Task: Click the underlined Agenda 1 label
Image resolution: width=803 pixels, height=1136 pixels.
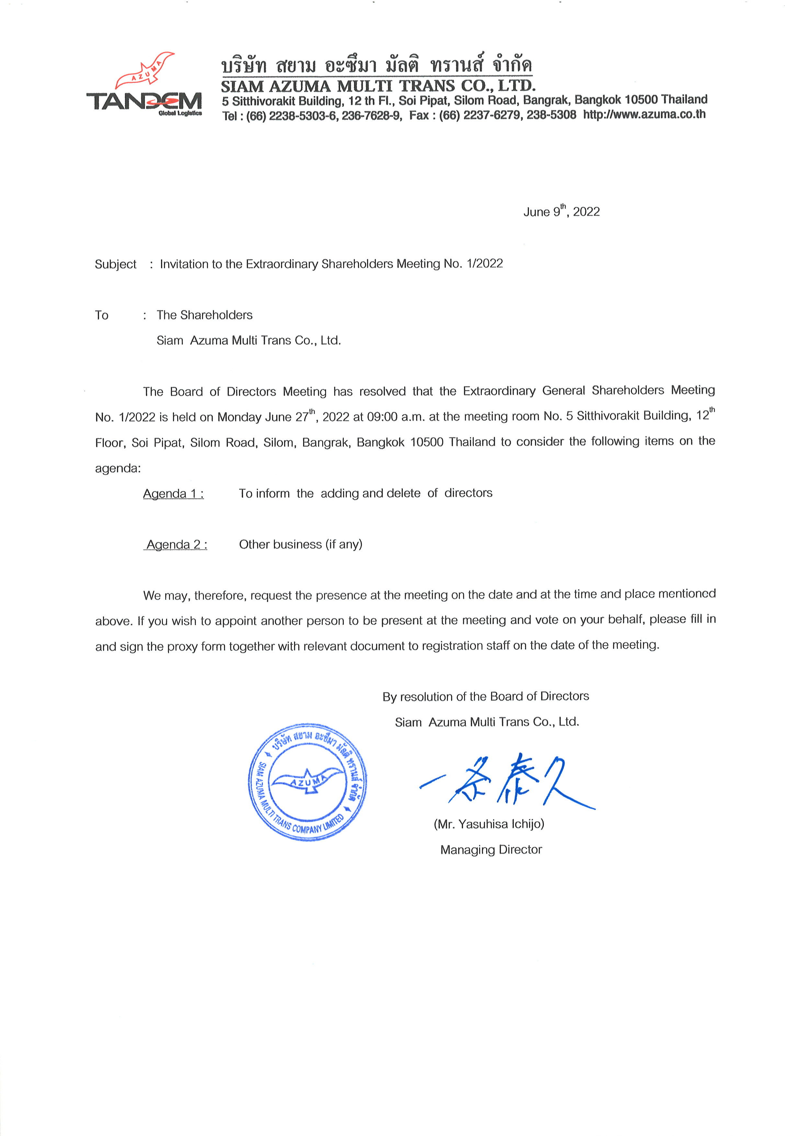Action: pyautogui.click(x=173, y=494)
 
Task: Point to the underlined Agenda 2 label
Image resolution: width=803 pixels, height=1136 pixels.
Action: pyautogui.click(x=176, y=545)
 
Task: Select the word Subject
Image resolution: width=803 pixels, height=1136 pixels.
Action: pyautogui.click(x=115, y=264)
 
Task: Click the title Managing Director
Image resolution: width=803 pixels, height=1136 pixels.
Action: pyautogui.click(x=491, y=850)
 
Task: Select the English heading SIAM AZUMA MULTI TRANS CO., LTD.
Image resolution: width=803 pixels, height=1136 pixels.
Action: pyautogui.click(x=378, y=86)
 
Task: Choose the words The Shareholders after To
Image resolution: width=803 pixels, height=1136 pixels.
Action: pyautogui.click(x=204, y=315)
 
